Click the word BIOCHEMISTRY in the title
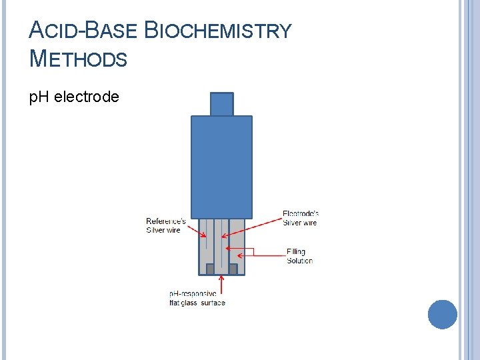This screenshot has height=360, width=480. click(218, 31)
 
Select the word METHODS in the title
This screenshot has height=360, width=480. click(79, 59)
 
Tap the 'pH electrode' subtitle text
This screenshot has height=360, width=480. click(74, 97)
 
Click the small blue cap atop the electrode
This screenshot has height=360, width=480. click(222, 104)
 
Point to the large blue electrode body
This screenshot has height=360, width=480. click(221, 167)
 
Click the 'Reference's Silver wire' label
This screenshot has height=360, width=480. click(166, 225)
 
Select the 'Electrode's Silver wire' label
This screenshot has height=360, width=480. click(300, 218)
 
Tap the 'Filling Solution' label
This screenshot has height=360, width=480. click(299, 256)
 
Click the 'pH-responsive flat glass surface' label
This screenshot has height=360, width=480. click(197, 298)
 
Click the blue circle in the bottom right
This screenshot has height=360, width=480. click(442, 314)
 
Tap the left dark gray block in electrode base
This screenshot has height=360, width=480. click(210, 269)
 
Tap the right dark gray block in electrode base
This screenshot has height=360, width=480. click(233, 269)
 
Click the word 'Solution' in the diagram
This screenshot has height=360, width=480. click(299, 261)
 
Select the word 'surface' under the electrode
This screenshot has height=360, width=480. click(213, 303)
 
